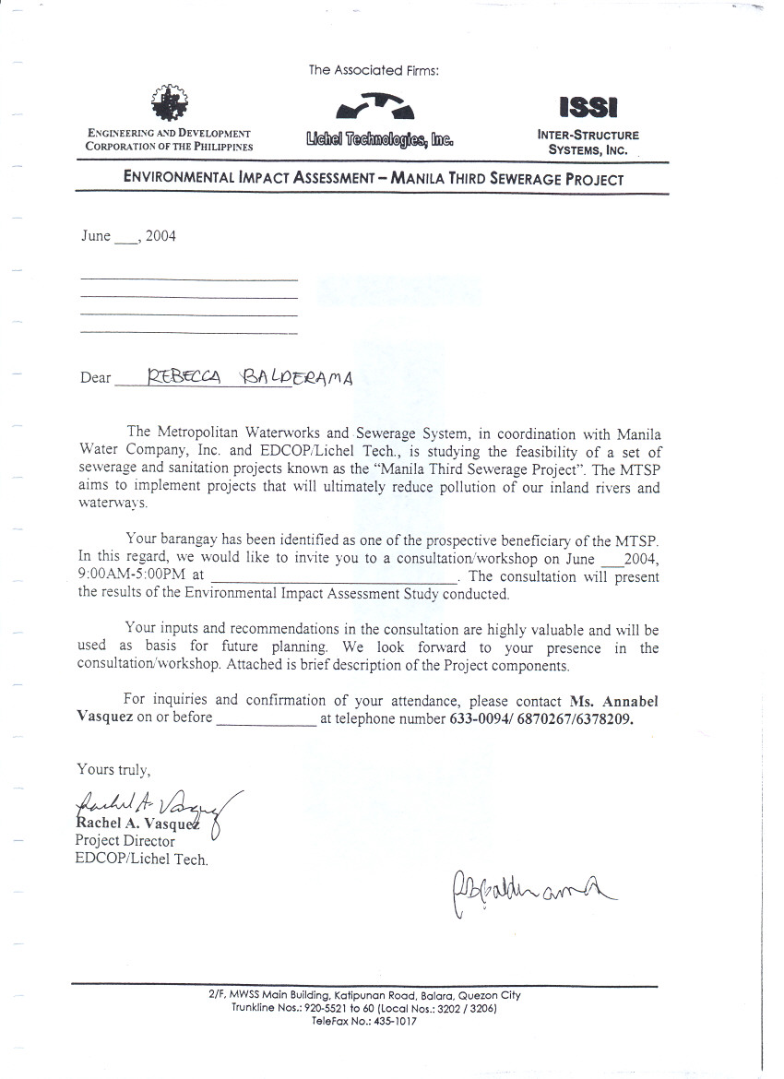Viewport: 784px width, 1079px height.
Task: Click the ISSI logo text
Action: tap(588, 108)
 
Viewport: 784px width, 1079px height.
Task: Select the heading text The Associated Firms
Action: tap(374, 70)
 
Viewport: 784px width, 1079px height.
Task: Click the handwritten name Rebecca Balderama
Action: tap(250, 375)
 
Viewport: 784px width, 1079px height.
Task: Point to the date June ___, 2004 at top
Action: tap(128, 236)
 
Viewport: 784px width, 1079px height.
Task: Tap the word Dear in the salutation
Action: tap(96, 378)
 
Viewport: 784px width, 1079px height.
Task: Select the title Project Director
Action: tap(125, 841)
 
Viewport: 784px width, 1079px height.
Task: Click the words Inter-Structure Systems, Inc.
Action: tap(588, 142)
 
